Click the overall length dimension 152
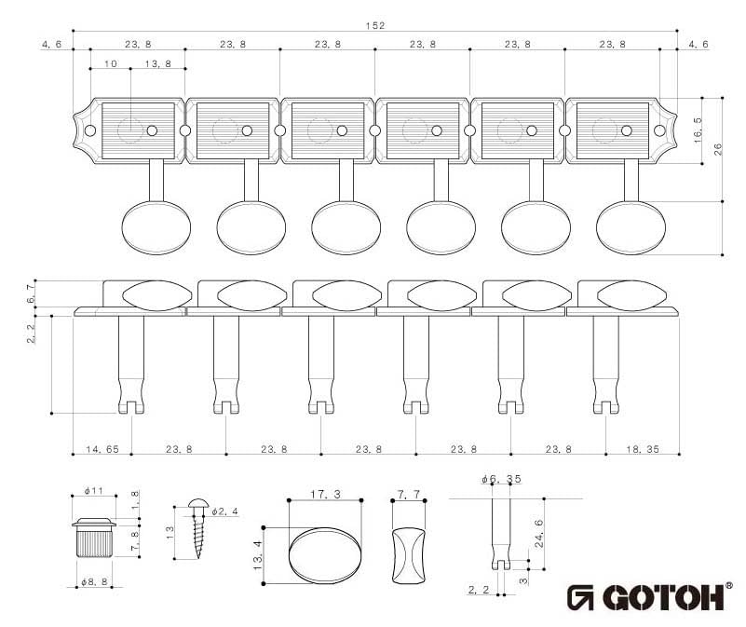[x=375, y=25]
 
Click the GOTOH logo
[x=651, y=596]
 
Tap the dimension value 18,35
[x=642, y=449]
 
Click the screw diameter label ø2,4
[x=224, y=512]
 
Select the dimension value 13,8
[x=159, y=64]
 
